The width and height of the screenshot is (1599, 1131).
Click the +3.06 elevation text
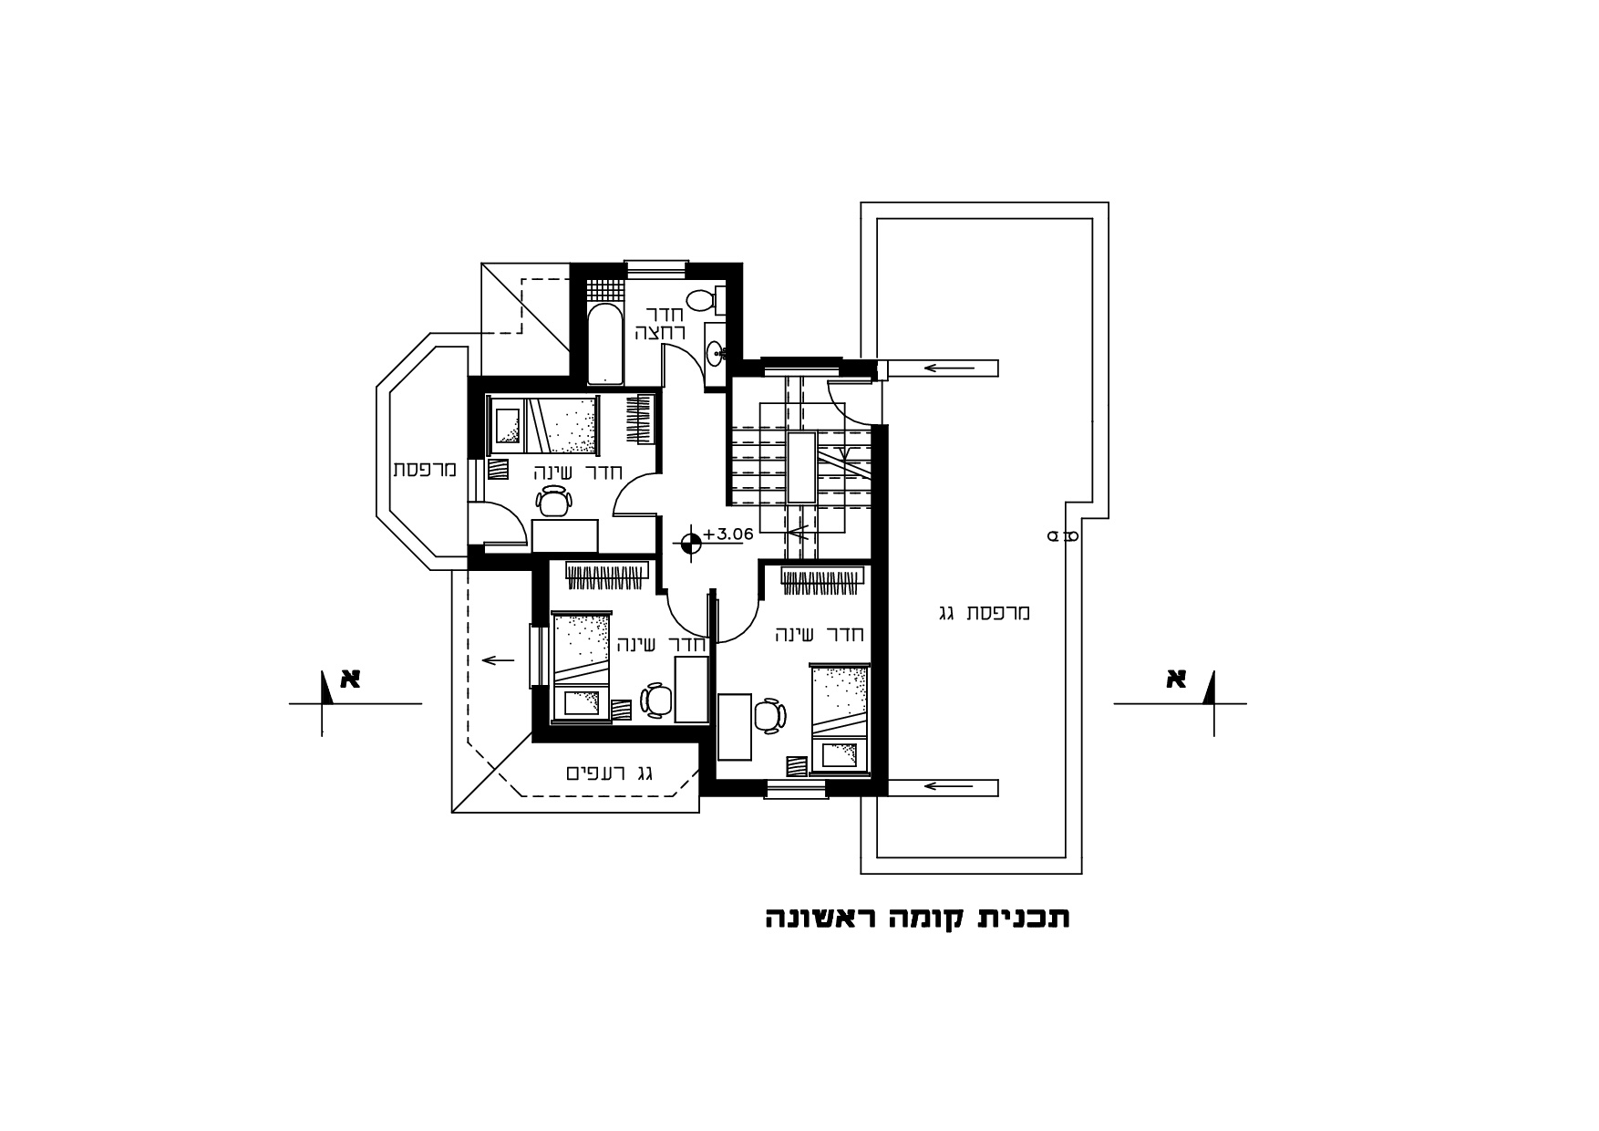(727, 534)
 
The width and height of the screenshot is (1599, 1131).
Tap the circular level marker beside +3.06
(691, 544)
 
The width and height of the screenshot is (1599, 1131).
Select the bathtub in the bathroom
(604, 344)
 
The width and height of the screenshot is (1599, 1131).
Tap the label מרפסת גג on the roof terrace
(984, 613)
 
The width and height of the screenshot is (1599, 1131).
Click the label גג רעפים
(610, 773)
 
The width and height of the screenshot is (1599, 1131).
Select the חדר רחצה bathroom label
(660, 323)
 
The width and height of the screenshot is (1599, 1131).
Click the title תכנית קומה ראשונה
(917, 918)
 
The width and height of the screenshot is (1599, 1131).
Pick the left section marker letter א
(350, 679)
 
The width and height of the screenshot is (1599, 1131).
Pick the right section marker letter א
(1175, 679)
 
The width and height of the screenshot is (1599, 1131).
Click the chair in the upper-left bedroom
(553, 501)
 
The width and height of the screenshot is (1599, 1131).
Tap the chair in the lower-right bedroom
(769, 716)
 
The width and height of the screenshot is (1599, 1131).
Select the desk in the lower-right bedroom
(735, 727)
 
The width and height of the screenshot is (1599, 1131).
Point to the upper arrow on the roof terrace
(949, 368)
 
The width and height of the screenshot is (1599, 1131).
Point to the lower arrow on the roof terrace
(949, 786)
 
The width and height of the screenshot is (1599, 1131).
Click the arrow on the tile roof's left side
(498, 659)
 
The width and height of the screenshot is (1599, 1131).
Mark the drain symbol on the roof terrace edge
(1062, 536)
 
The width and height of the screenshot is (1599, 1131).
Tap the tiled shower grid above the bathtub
(604, 289)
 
